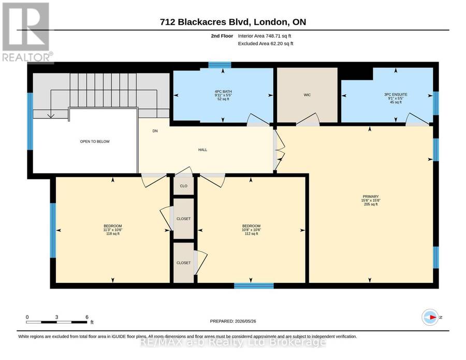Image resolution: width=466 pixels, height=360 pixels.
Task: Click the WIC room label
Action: [307, 95]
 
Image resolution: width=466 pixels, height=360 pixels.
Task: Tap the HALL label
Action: [202, 150]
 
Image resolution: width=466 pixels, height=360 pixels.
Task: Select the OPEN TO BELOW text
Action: [95, 141]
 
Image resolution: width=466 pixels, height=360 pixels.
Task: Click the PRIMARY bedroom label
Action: [371, 196]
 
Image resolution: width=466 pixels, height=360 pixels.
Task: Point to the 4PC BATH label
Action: [223, 92]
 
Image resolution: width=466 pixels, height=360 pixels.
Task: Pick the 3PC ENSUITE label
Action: [396, 95]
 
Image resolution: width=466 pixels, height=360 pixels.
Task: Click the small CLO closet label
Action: [184, 186]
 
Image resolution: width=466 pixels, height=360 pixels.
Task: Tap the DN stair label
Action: [155, 131]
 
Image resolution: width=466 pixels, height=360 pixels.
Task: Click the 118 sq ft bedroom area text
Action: [113, 234]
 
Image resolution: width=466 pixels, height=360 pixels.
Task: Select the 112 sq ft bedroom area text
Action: [251, 234]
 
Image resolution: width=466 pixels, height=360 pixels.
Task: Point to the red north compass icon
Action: [430, 318]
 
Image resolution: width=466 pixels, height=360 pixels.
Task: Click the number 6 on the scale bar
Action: [87, 317]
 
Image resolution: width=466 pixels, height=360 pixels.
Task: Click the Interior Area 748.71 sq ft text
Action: [265, 36]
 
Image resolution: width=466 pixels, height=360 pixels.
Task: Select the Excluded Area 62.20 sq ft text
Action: [266, 44]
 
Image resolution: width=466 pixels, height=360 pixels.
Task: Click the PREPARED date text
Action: [233, 321]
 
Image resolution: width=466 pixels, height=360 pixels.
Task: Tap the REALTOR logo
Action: [27, 33]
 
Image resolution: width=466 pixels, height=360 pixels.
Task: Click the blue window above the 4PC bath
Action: [220, 65]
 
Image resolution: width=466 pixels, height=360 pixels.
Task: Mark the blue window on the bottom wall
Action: [254, 286]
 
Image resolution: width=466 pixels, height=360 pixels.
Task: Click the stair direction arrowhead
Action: [51, 116]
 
